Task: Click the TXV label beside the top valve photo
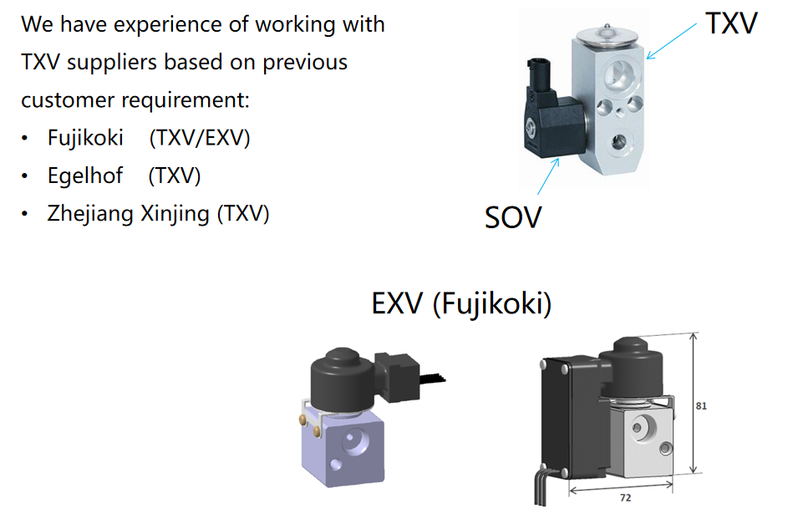(731, 23)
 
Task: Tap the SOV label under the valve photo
(513, 217)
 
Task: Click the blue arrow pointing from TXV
(671, 41)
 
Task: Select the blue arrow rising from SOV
(548, 176)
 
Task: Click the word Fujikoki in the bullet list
(85, 138)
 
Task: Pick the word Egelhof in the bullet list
(85, 176)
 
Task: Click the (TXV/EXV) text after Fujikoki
(200, 138)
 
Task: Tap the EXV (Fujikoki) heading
(461, 303)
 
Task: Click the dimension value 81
(701, 405)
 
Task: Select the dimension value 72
(625, 497)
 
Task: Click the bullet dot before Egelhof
(24, 176)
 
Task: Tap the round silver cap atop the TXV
(608, 35)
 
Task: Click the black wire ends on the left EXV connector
(432, 379)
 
